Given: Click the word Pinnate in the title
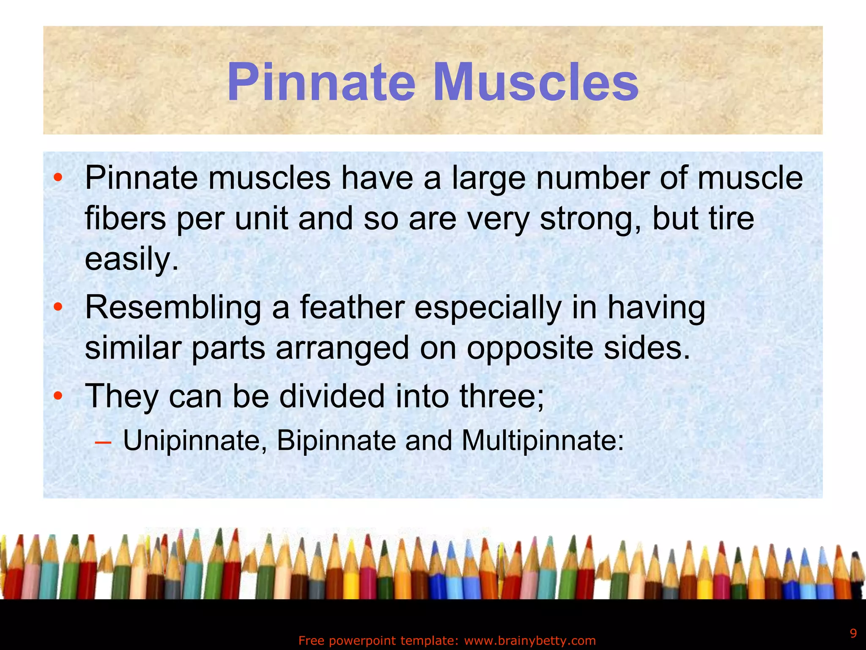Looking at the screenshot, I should [x=321, y=83].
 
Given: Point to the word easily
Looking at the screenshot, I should [x=132, y=259].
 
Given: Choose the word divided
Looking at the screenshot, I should [x=332, y=396].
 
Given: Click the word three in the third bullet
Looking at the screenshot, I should [x=502, y=396].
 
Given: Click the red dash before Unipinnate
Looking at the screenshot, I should [x=103, y=443].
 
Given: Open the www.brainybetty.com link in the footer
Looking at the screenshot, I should [x=530, y=641].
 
